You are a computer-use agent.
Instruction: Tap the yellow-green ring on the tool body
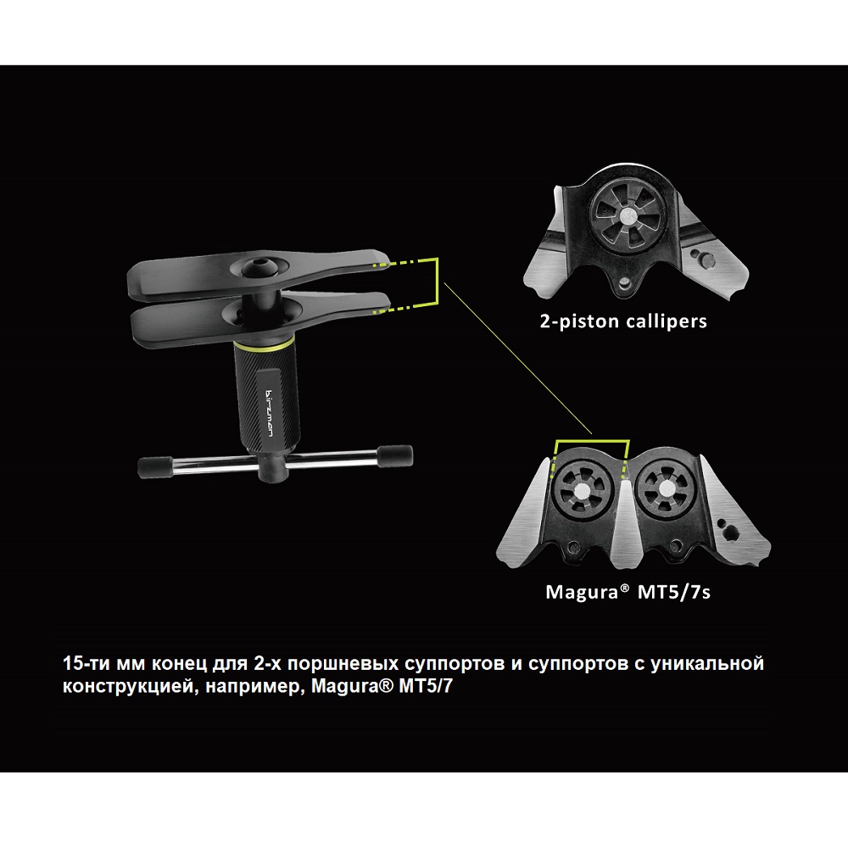click(264, 344)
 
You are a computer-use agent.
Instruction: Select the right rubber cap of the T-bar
click(395, 455)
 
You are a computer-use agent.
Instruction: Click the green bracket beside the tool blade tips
click(437, 283)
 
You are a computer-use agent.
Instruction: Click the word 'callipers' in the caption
click(666, 321)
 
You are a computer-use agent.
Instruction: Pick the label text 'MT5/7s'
click(674, 592)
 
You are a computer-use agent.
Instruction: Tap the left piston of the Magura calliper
click(583, 491)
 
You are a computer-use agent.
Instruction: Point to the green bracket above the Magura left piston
click(592, 441)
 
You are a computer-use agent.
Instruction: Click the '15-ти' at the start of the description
click(87, 664)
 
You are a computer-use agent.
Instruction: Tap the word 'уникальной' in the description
click(707, 664)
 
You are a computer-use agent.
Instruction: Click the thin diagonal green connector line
click(517, 358)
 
